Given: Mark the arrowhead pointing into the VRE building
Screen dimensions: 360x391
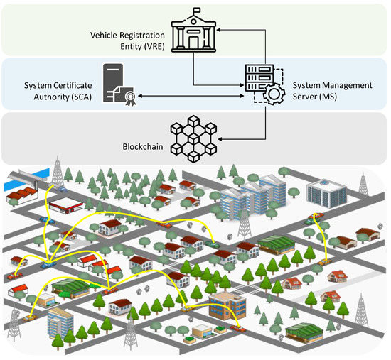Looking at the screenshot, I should pyautogui.click(x=220, y=31).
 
